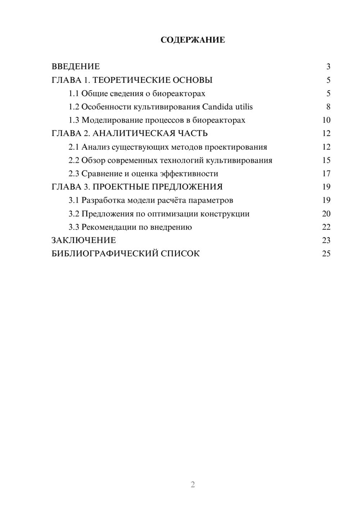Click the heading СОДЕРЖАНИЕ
click(x=193, y=40)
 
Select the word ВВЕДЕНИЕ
click(x=76, y=67)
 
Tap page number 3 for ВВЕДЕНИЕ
click(x=328, y=67)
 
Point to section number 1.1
click(x=74, y=94)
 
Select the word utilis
click(x=244, y=107)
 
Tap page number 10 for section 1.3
click(x=326, y=120)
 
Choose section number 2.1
click(x=74, y=147)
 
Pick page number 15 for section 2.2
click(x=326, y=160)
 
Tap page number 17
click(x=326, y=174)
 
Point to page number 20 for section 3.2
click(x=326, y=213)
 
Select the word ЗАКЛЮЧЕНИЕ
click(x=84, y=240)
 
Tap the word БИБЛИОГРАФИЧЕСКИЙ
click(x=105, y=253)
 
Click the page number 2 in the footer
click(x=193, y=485)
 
